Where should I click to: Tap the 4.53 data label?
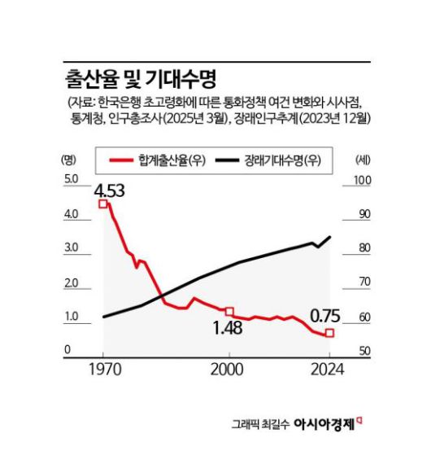[109, 192]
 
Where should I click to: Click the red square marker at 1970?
[103, 204]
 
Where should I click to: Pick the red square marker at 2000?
[229, 311]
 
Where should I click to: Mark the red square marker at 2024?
[329, 334]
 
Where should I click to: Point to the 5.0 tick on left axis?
[70, 180]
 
